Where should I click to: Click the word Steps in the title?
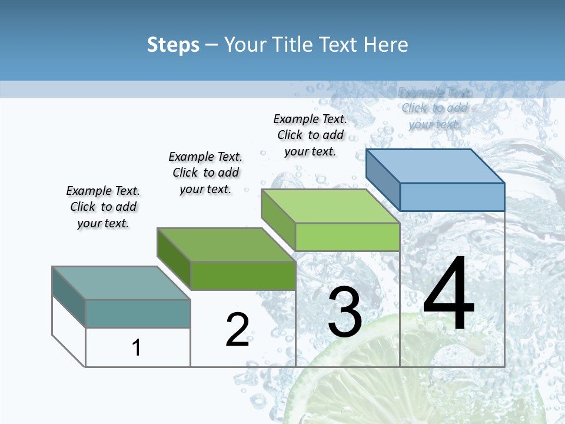click(x=173, y=45)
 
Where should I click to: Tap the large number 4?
click(x=448, y=294)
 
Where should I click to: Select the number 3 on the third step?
click(x=344, y=312)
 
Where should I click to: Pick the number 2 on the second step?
click(x=237, y=329)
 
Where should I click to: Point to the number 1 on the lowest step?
click(x=137, y=347)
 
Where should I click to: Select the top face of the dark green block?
click(x=226, y=245)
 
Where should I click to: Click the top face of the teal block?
click(x=121, y=283)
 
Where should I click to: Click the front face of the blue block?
click(x=452, y=197)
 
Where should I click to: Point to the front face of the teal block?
click(x=138, y=313)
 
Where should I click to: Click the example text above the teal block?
click(x=103, y=207)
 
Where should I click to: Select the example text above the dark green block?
click(x=205, y=173)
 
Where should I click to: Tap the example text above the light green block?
click(x=310, y=135)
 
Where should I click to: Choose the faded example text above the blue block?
click(x=434, y=108)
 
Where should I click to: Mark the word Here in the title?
click(x=386, y=45)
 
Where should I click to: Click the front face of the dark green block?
click(x=243, y=276)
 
